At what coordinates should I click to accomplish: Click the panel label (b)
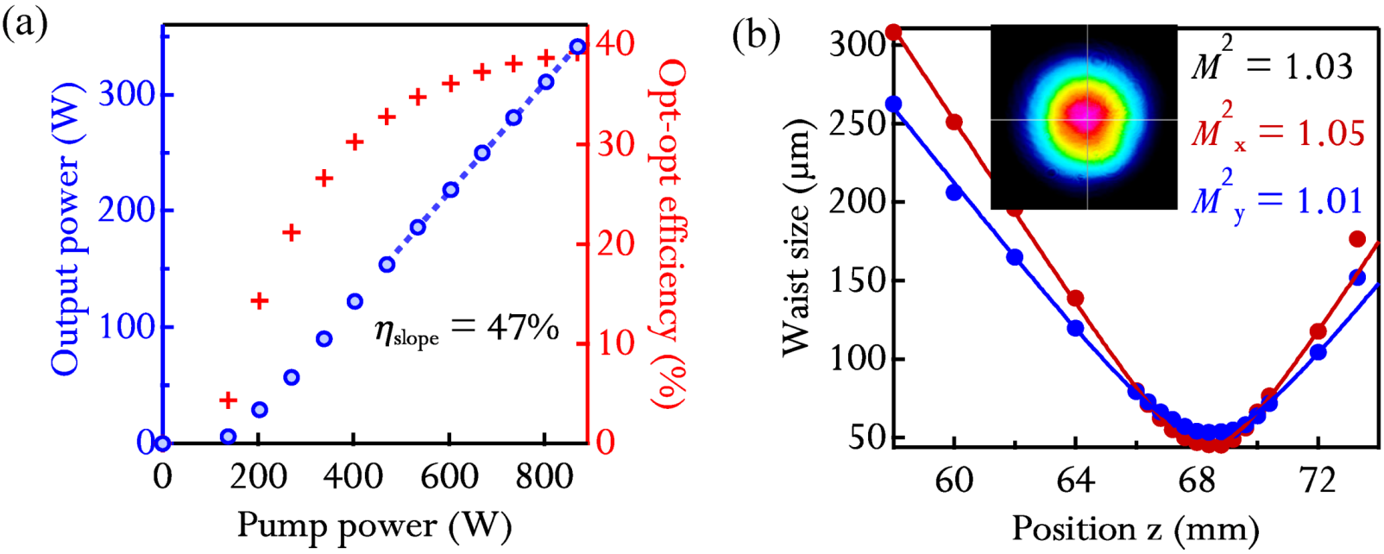(x=756, y=35)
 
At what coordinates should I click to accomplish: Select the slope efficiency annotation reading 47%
(x=467, y=329)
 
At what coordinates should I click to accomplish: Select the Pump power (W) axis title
(x=374, y=525)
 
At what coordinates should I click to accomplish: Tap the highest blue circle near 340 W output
(x=577, y=47)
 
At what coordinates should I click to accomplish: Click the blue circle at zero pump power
(x=163, y=444)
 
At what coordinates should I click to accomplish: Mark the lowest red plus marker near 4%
(x=228, y=400)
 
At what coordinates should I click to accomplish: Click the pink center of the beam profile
(x=1085, y=117)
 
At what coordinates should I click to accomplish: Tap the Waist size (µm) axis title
(x=795, y=238)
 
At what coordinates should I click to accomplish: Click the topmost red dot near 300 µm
(x=894, y=33)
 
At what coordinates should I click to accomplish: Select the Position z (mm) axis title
(x=1136, y=526)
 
